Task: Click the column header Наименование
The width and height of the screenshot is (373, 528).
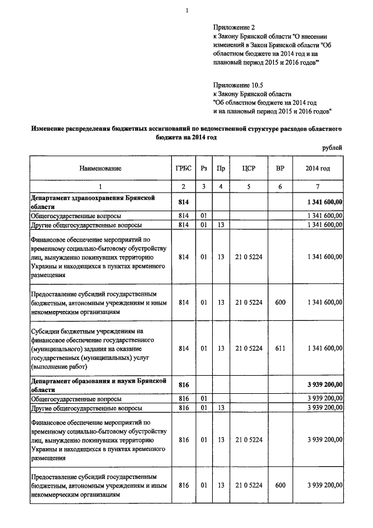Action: pos(97,168)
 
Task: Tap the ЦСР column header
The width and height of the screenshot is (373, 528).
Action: pos(249,168)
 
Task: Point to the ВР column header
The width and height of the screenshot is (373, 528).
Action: pos(280,168)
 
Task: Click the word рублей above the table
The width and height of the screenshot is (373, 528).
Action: pos(332,148)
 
